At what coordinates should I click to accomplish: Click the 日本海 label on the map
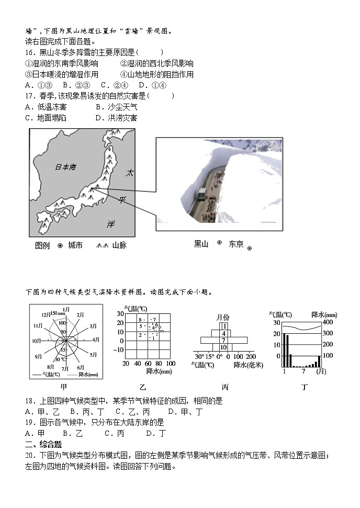pyautogui.click(x=66, y=167)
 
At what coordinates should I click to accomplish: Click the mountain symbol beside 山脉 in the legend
pyautogui.click(x=103, y=245)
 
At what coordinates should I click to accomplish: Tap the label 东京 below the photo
pyautogui.click(x=236, y=244)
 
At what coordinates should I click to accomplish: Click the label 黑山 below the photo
pyautogui.click(x=201, y=244)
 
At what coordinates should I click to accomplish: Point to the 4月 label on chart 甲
pyautogui.click(x=96, y=340)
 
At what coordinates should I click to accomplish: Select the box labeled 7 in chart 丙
pyautogui.click(x=223, y=340)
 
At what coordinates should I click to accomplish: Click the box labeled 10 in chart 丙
pyautogui.click(x=223, y=347)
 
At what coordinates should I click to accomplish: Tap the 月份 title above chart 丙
pyautogui.click(x=223, y=317)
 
